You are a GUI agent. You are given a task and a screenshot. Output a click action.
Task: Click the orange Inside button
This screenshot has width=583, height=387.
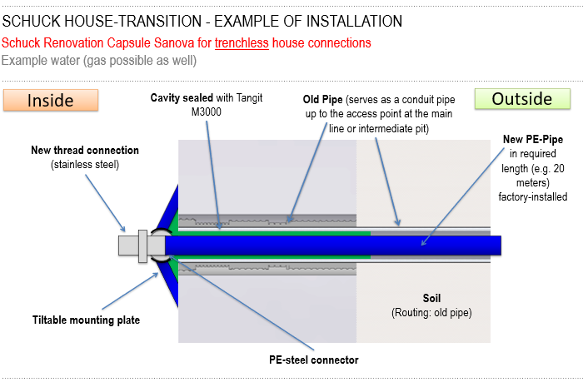(51, 100)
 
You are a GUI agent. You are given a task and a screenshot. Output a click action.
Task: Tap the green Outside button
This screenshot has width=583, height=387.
(522, 99)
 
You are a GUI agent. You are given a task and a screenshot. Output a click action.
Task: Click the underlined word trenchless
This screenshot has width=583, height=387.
(242, 43)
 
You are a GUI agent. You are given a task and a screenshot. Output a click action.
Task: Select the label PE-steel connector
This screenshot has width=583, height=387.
(314, 360)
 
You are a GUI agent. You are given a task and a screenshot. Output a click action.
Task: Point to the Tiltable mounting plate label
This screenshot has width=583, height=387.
(87, 320)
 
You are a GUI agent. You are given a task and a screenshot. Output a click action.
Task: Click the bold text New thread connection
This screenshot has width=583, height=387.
(85, 150)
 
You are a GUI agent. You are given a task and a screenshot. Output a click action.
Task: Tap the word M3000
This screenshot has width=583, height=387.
(207, 112)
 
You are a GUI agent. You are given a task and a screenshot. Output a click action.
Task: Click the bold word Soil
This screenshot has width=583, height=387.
(431, 298)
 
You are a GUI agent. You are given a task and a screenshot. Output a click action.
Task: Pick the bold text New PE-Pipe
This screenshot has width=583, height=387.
(533, 139)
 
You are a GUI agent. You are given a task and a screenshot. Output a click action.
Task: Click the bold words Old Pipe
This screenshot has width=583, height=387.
(323, 100)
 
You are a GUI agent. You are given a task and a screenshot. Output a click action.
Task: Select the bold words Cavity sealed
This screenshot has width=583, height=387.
(182, 97)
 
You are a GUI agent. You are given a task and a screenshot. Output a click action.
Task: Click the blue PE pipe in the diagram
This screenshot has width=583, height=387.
(333, 246)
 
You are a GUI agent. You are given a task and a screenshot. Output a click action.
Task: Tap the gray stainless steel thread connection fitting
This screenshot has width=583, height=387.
(142, 246)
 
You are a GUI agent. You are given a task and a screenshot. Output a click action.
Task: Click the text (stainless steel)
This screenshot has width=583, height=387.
(85, 165)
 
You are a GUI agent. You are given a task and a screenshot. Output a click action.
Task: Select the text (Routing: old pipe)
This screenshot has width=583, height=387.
(431, 313)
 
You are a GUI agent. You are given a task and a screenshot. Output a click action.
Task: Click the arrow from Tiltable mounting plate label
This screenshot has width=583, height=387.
(130, 291)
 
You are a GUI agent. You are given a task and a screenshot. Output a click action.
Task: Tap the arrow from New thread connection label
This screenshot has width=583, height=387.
(106, 203)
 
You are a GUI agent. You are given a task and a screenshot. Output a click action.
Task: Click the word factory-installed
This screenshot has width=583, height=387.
(533, 196)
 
